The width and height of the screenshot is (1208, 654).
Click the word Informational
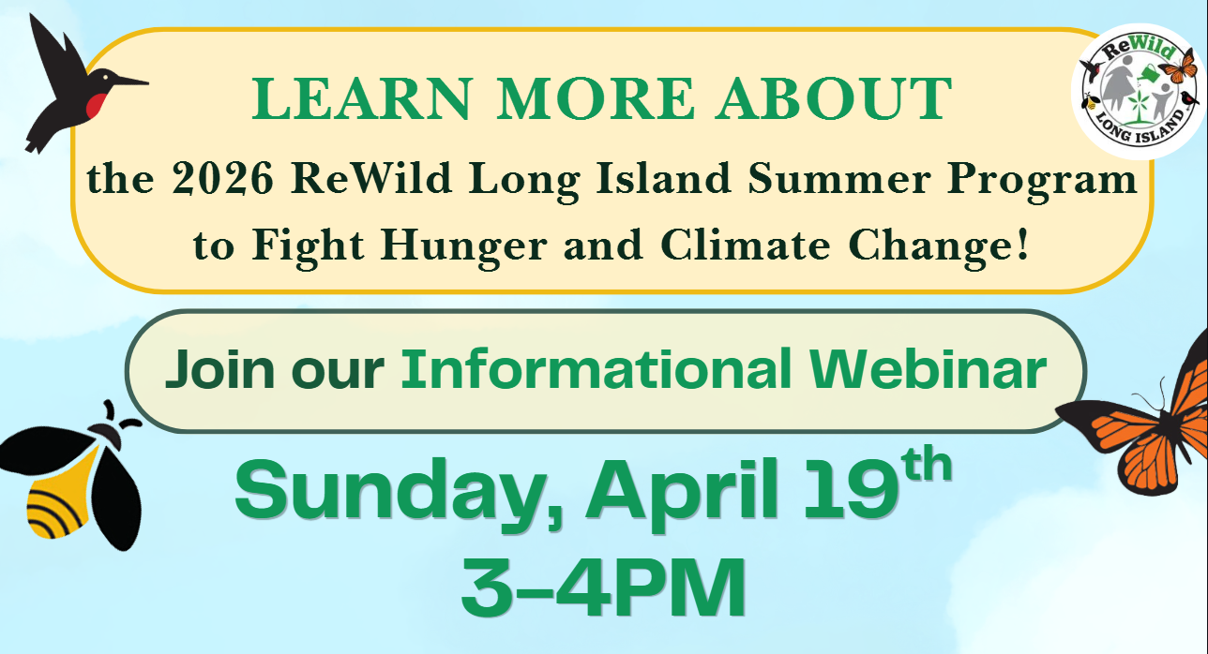pos(596,370)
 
